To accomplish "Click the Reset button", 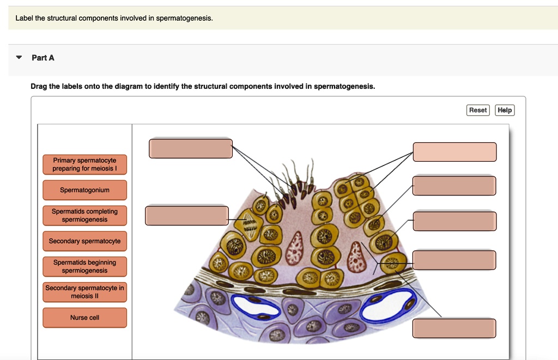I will (x=478, y=110).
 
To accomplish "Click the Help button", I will (x=505, y=110).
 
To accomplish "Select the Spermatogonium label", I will (x=84, y=190).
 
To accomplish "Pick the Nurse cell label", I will (x=84, y=318).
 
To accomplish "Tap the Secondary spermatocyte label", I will (x=84, y=241).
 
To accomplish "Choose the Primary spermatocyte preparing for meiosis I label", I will (x=84, y=164).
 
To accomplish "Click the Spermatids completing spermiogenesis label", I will (x=84, y=215).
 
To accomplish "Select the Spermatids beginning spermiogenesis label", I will (x=84, y=266).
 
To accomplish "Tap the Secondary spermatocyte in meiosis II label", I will (x=84, y=292).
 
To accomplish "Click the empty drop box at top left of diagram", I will (x=191, y=149).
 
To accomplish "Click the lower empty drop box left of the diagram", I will (x=186, y=215).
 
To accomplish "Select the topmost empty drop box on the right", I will (x=454, y=152).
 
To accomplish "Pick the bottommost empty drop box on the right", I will (x=454, y=328).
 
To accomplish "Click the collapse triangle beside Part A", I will (x=19, y=57).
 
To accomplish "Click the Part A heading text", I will (x=43, y=58).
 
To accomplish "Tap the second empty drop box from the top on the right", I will (x=454, y=186).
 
